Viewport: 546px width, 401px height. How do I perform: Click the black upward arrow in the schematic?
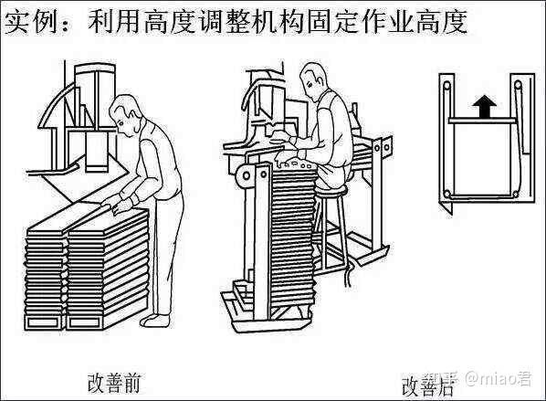[484, 107]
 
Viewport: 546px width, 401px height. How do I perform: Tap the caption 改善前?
[113, 383]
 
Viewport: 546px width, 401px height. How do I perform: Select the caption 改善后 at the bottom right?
[428, 386]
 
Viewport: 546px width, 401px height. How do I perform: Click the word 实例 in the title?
[31, 23]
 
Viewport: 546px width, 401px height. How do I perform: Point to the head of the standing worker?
[126, 115]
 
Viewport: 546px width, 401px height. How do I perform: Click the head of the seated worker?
[313, 79]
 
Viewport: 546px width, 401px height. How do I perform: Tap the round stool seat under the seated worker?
[331, 190]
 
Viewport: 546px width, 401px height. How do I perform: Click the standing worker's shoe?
[155, 321]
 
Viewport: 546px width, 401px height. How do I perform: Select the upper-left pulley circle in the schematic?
[446, 86]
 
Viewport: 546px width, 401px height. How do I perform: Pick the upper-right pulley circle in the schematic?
[518, 85]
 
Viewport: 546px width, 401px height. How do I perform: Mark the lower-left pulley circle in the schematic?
[446, 194]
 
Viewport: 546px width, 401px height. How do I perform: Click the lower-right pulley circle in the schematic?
[515, 194]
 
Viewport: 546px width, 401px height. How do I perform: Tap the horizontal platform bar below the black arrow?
[482, 121]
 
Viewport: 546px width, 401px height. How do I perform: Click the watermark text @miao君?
[499, 378]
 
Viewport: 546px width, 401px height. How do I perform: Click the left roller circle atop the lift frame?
[247, 175]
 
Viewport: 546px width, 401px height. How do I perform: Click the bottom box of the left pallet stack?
[45, 322]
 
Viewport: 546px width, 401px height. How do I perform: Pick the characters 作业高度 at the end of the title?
[413, 22]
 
